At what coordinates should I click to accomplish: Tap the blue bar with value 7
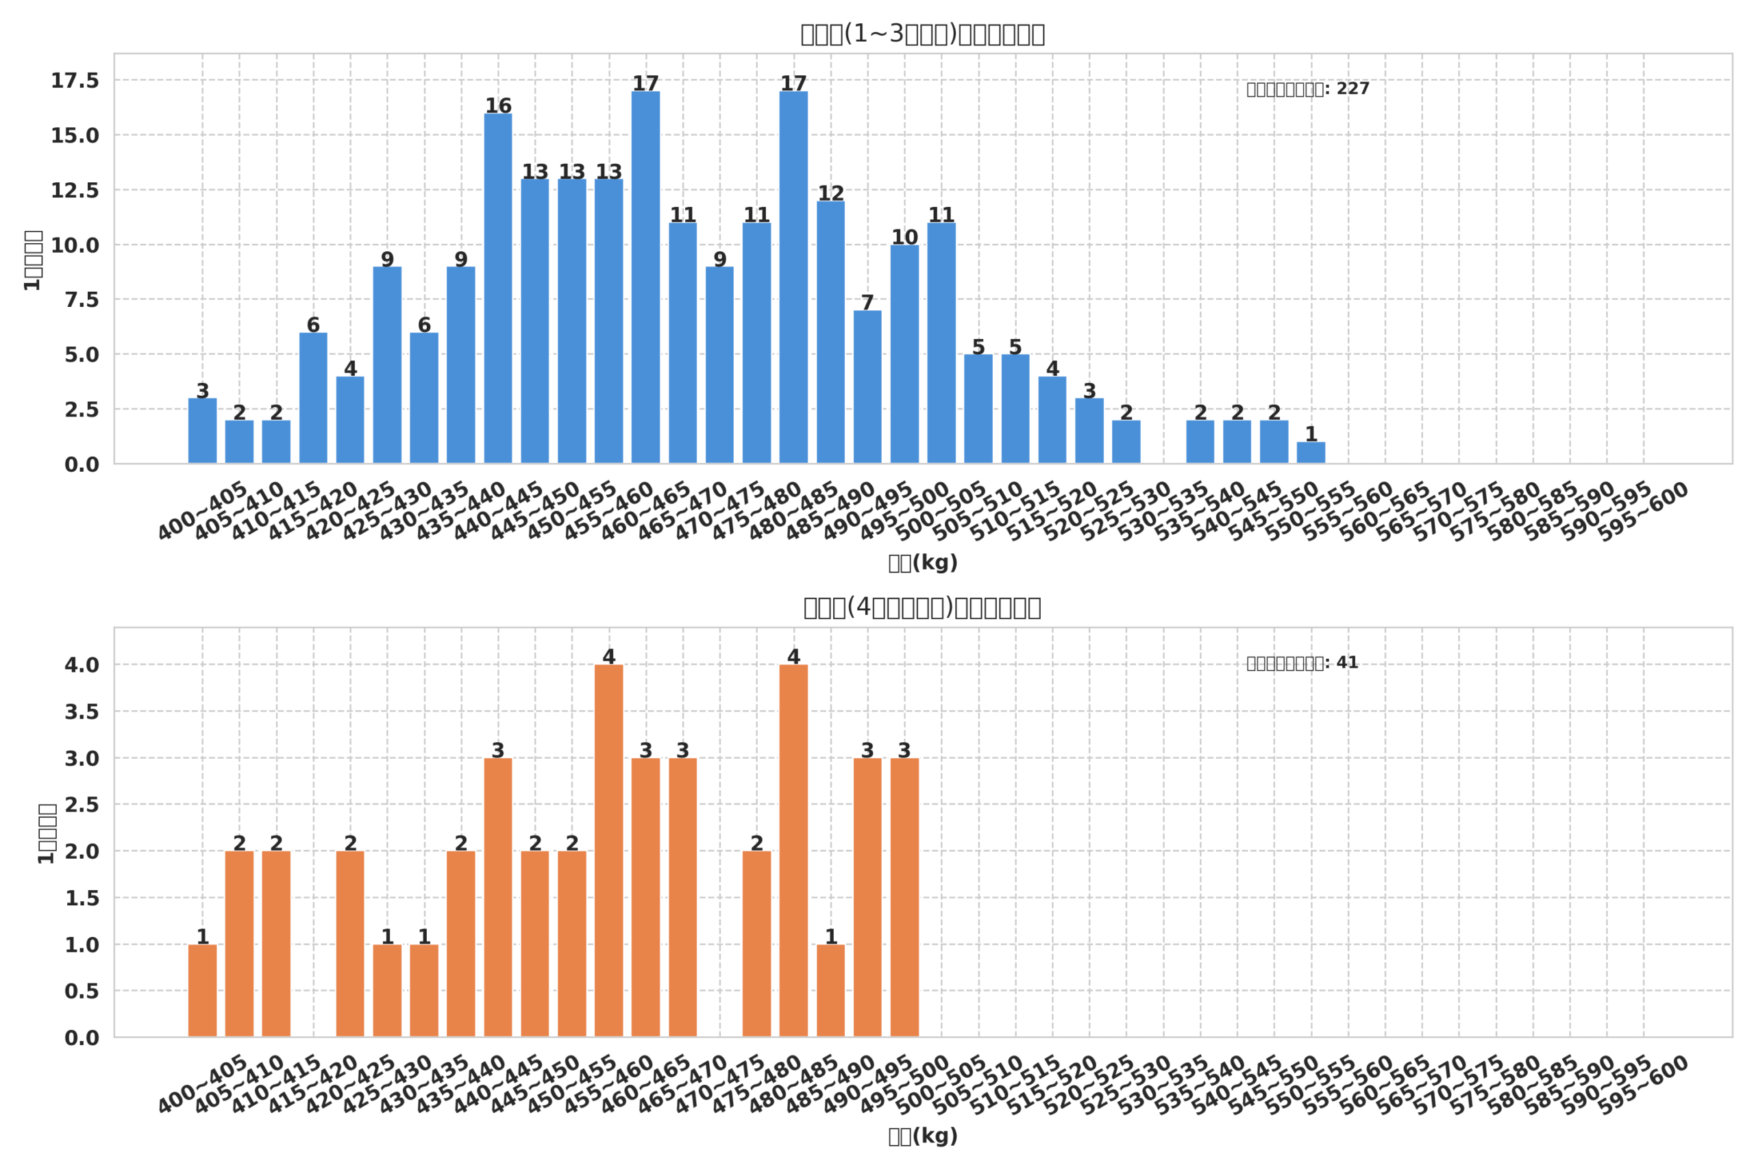(x=867, y=387)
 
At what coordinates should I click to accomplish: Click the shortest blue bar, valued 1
(x=1311, y=453)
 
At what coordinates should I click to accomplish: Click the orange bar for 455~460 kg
(x=608, y=851)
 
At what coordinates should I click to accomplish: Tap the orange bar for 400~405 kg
(x=202, y=991)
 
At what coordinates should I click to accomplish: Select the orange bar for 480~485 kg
(x=793, y=851)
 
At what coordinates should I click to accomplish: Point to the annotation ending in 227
(x=1308, y=90)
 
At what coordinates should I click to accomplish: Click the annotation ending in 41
(x=1302, y=664)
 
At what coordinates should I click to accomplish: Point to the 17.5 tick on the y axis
(x=75, y=81)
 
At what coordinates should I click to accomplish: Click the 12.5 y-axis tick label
(x=75, y=191)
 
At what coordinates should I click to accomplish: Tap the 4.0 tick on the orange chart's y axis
(x=82, y=665)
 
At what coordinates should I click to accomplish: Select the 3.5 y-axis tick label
(x=82, y=712)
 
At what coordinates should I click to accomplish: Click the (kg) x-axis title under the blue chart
(x=922, y=564)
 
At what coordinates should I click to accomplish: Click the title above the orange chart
(x=922, y=607)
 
